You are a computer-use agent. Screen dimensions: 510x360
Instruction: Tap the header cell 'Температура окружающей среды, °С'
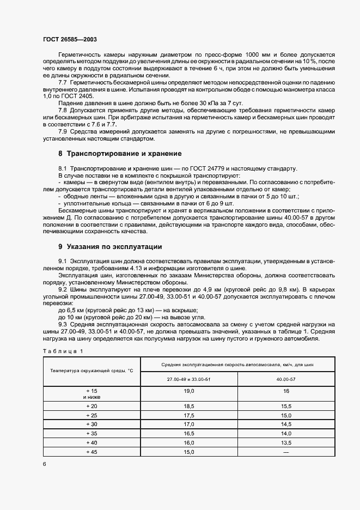pyautogui.click(x=91, y=371)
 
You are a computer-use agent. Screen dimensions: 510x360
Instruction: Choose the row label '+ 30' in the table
pyautogui.click(x=91, y=424)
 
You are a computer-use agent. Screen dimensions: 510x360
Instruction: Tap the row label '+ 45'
pyautogui.click(x=91, y=452)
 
